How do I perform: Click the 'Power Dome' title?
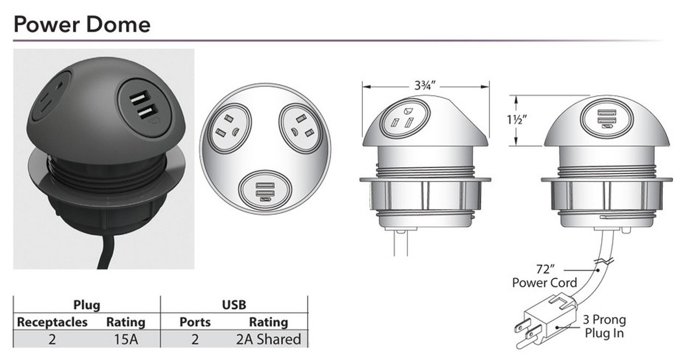(x=82, y=25)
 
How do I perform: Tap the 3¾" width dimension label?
(x=425, y=85)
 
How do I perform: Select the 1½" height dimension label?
(x=517, y=120)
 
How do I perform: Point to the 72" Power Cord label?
(x=545, y=276)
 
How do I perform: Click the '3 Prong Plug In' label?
(x=604, y=326)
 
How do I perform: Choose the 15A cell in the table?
(x=126, y=339)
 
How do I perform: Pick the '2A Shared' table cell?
(x=268, y=339)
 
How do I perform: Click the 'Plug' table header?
(x=87, y=305)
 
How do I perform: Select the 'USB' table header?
(x=234, y=305)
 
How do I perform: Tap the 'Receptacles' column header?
(x=52, y=322)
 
